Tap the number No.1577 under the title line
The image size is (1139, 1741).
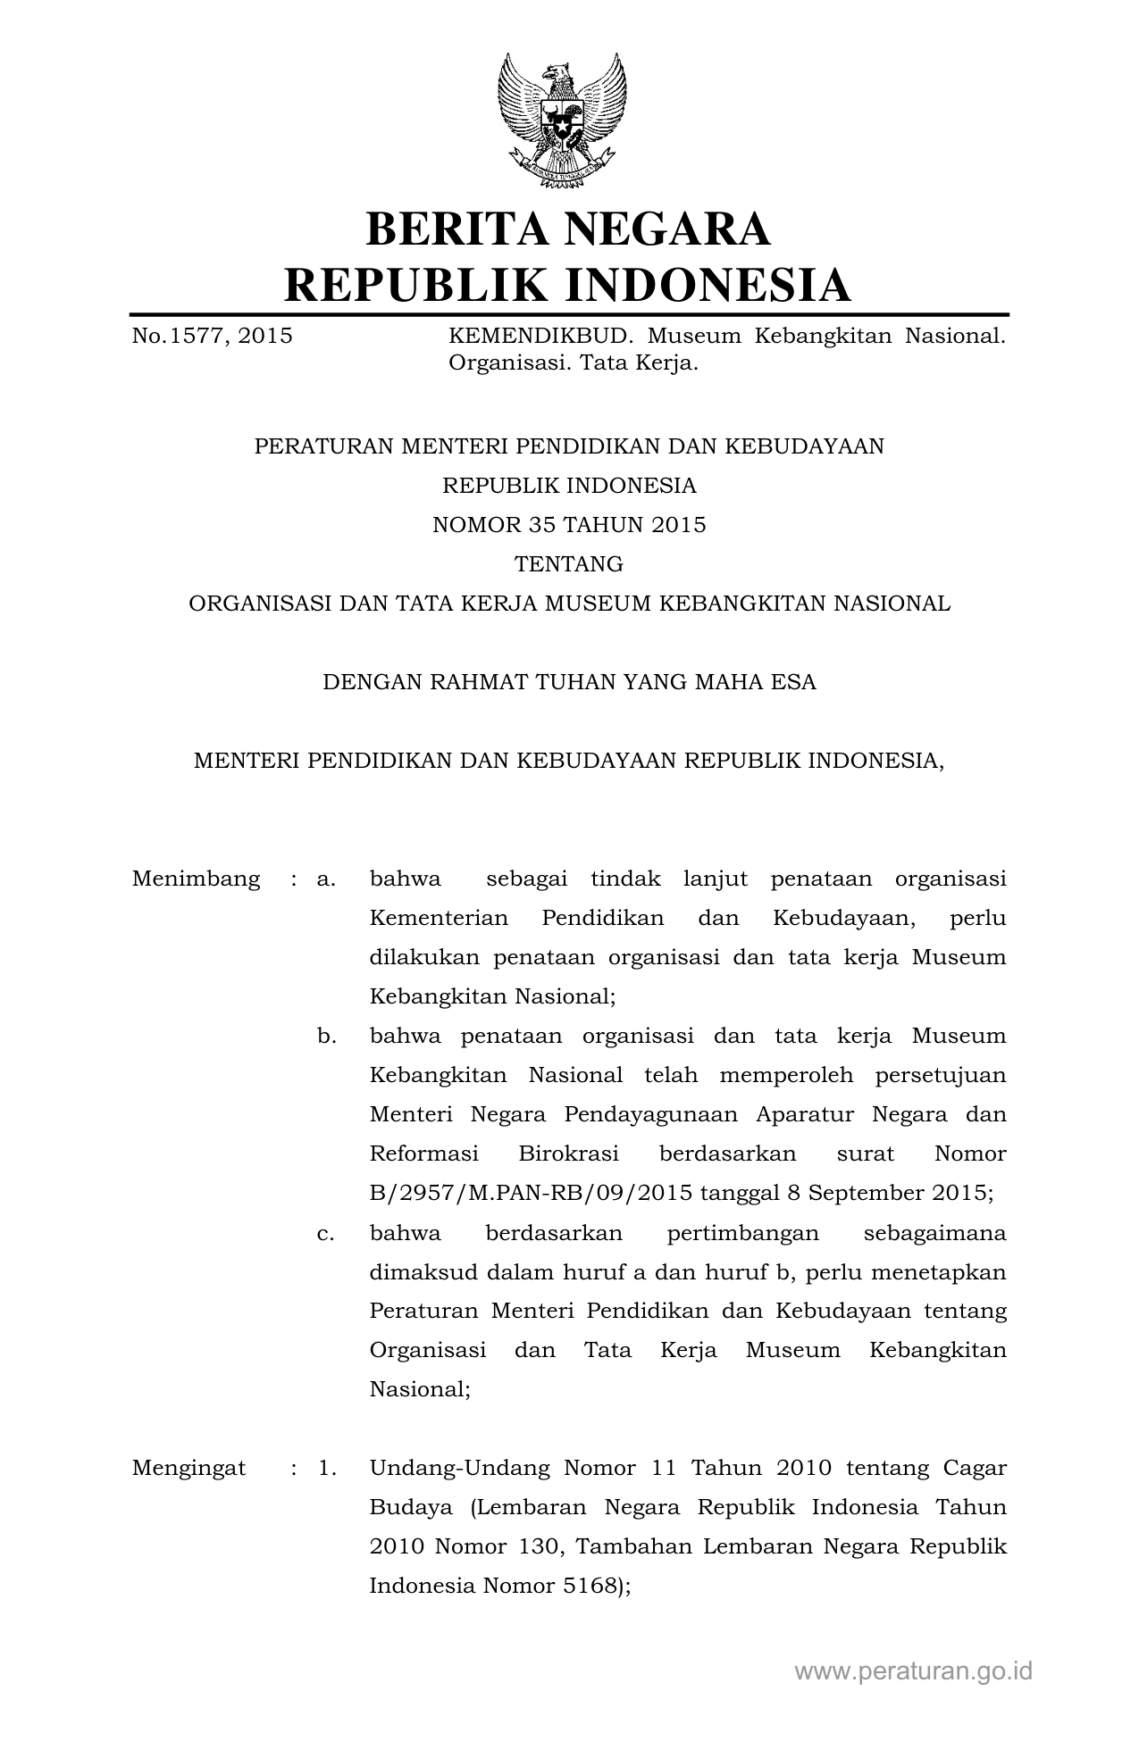(x=178, y=337)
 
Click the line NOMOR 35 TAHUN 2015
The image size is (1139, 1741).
(x=569, y=525)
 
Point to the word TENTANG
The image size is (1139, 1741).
(x=569, y=564)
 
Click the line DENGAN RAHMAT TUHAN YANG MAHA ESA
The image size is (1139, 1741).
(x=569, y=682)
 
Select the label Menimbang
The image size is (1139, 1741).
(x=196, y=879)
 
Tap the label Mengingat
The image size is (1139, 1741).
(x=188, y=1468)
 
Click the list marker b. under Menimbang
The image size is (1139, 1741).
(x=326, y=1036)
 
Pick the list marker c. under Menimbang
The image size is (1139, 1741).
(x=325, y=1233)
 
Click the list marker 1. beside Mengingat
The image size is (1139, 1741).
(x=327, y=1468)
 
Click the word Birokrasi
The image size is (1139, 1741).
(x=568, y=1154)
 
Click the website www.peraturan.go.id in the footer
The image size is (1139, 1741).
(x=913, y=1670)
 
